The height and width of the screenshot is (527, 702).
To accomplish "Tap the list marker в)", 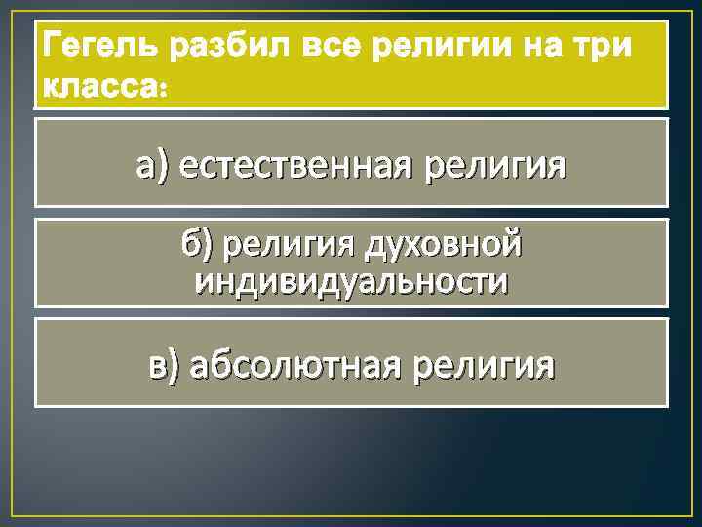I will (165, 365).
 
